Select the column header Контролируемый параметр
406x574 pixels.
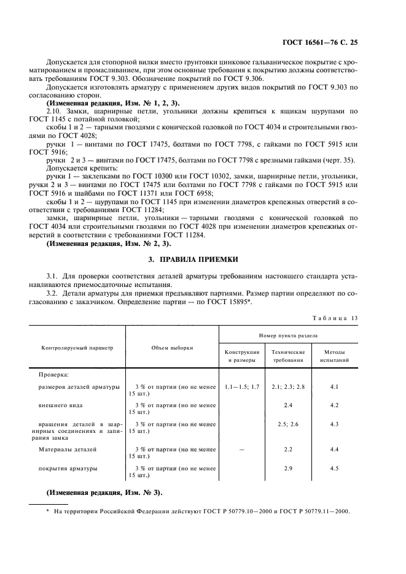77,347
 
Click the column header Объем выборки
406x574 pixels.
173,347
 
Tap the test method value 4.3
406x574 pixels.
335,424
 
